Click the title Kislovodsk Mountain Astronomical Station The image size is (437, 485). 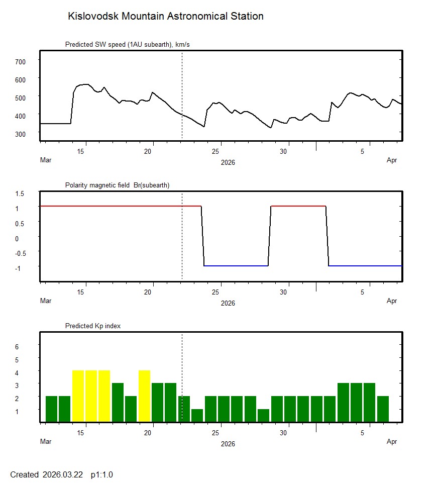pos(165,16)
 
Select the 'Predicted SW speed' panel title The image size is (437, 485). pos(127,45)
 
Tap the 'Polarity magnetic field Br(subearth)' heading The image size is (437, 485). pos(117,185)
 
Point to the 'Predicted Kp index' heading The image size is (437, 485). pos(93,326)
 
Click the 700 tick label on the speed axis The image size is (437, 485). pos(20,61)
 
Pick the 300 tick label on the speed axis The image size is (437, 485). pos(20,134)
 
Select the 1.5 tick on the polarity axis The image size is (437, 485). pos(20,193)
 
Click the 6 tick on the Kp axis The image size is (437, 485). pos(17,347)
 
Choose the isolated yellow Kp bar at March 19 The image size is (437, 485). pos(144,396)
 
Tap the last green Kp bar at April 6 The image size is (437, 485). pos(383,409)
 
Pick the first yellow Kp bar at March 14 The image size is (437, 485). pos(78,396)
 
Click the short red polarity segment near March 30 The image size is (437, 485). pos(298,206)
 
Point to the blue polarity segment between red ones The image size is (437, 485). pos(236,265)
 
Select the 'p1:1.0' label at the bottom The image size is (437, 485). pos(102,474)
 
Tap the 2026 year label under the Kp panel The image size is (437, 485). pos(228,444)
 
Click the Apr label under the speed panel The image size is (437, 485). pos(392,160)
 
